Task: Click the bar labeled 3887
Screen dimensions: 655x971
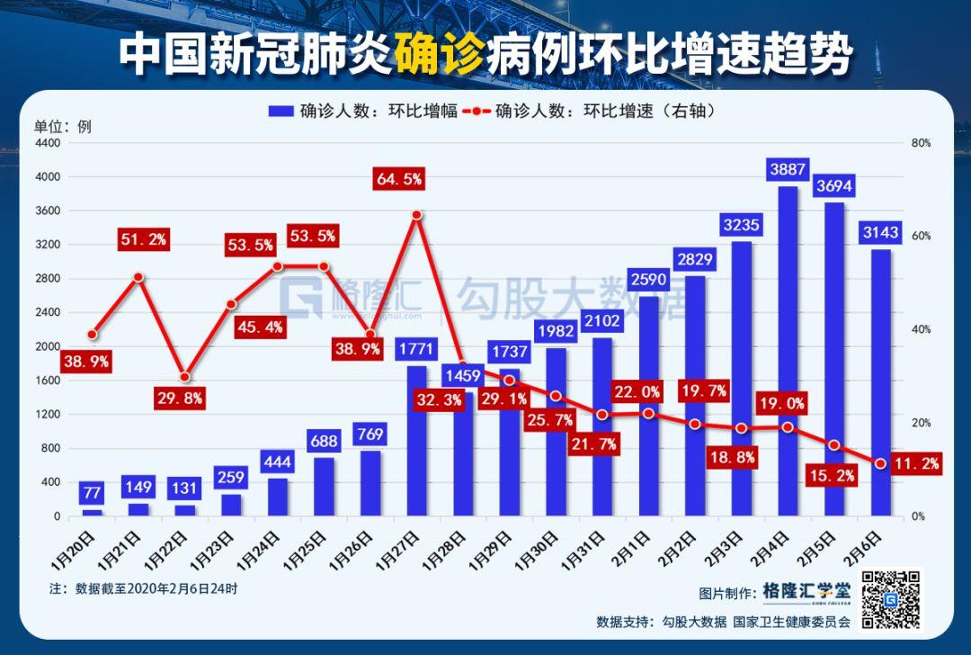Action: click(788, 351)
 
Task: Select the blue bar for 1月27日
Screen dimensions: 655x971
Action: click(416, 441)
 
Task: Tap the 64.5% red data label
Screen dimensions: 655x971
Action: click(399, 179)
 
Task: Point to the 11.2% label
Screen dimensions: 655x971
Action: click(916, 463)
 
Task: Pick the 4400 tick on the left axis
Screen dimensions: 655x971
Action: click(47, 143)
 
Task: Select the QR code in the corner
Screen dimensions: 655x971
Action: click(892, 598)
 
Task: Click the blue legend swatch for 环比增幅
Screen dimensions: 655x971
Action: click(281, 112)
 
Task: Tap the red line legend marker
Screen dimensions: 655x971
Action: click(477, 112)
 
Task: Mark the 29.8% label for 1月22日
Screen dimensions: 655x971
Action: click(180, 398)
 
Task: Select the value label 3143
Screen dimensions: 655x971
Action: click(881, 234)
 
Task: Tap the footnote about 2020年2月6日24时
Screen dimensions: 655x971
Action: click(144, 588)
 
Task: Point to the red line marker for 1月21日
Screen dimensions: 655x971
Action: click(138, 277)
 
